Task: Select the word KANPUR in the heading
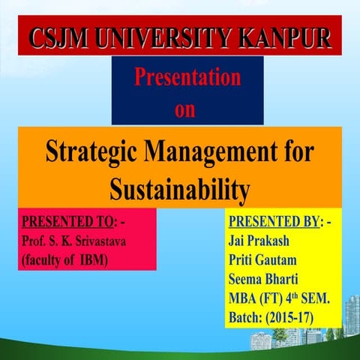[x=288, y=37]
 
